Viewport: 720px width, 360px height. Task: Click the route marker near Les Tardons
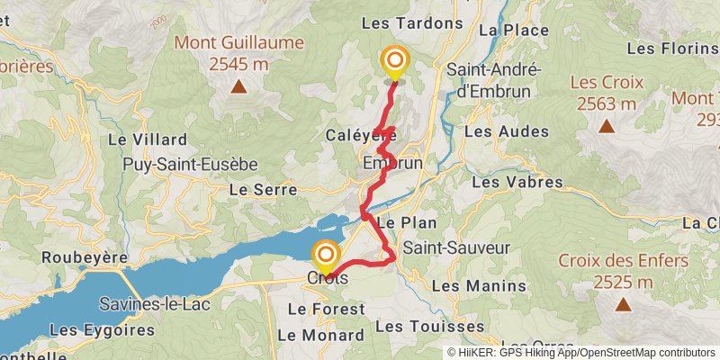coord(394,61)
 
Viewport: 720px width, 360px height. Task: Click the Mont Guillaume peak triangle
coord(238,87)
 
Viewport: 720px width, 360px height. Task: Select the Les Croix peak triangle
coord(607,127)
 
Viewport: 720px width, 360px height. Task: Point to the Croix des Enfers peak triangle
coord(623,305)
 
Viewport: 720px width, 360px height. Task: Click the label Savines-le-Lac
coord(155,304)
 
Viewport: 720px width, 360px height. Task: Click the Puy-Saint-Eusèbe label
coord(191,165)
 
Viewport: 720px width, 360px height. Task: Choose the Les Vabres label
coord(517,182)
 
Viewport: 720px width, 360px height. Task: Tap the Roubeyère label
coord(85,257)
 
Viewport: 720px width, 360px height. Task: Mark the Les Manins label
coord(479,285)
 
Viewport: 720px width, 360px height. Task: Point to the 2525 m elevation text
coord(623,283)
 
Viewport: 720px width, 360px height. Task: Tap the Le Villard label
coord(148,139)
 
